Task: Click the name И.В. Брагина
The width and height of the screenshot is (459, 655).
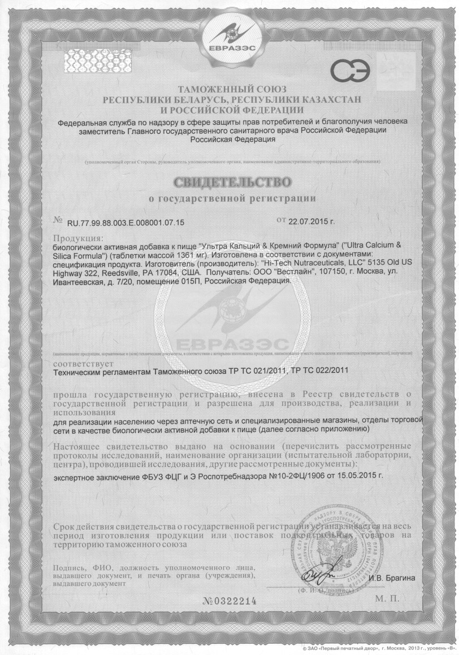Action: (392, 578)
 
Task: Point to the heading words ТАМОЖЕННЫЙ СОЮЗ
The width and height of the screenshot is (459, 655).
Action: (232, 89)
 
